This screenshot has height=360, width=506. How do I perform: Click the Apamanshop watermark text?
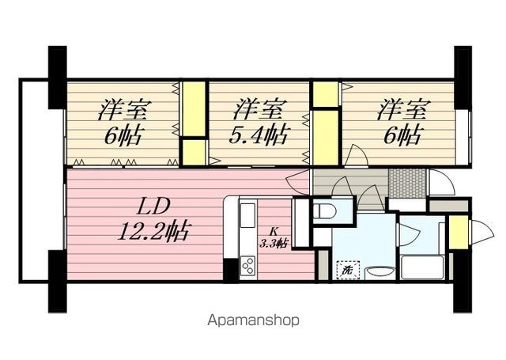(x=253, y=320)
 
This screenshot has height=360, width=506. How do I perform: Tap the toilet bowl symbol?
(x=325, y=212)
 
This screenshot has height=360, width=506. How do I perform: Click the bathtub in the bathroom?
(x=422, y=267)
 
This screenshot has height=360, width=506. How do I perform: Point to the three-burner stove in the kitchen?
(x=247, y=266)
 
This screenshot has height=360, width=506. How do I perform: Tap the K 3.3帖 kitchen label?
(x=274, y=238)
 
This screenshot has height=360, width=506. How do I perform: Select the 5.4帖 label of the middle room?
(x=259, y=135)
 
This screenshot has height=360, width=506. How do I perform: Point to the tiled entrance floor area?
(x=408, y=182)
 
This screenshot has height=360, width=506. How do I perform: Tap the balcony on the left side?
(x=42, y=181)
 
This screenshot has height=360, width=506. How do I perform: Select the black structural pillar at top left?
(x=58, y=78)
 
